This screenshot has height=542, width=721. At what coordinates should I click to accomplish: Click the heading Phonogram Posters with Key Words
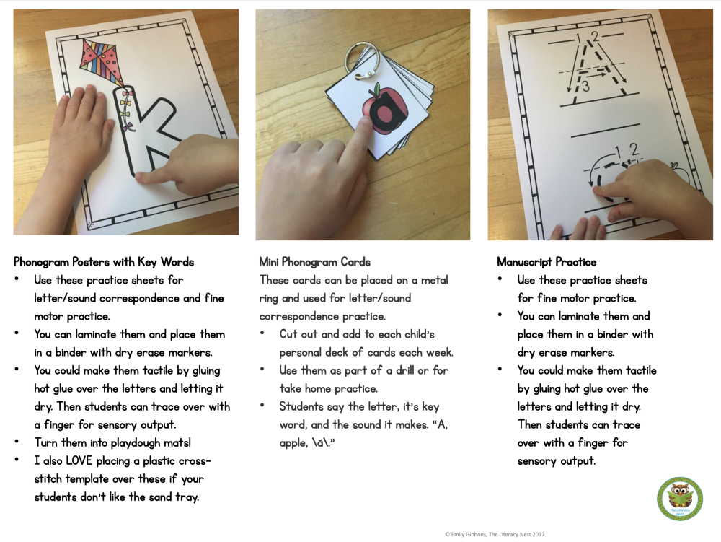[x=104, y=262]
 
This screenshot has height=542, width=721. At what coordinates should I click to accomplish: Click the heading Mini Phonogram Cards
[x=315, y=262]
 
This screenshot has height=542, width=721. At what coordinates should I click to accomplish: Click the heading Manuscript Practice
[x=547, y=262]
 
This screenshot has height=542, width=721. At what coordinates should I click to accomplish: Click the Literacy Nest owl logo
[x=679, y=499]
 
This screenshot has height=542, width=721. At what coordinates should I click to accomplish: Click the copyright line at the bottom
[x=495, y=534]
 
